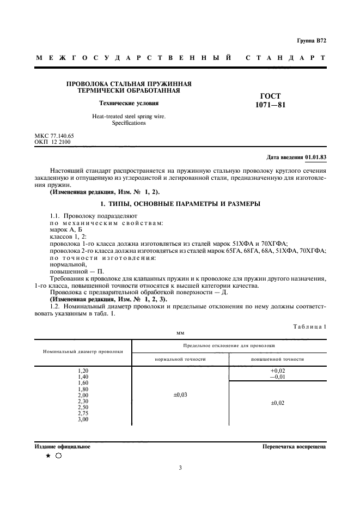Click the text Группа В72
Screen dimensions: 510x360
(311, 41)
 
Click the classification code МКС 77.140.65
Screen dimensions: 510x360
(54, 135)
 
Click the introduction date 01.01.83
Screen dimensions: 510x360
(315, 157)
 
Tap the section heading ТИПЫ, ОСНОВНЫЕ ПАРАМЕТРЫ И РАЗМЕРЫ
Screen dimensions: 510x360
(180, 203)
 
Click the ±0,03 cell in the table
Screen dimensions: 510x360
(180, 395)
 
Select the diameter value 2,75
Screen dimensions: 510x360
(83, 414)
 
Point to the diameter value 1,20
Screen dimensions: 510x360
(83, 371)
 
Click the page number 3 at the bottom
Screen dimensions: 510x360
(180, 467)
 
